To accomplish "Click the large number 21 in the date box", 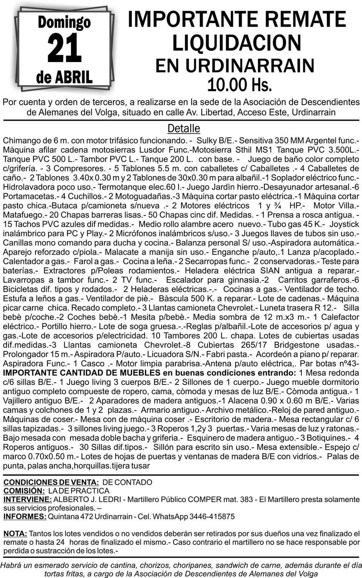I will (x=64, y=49).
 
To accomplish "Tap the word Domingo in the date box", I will (x=64, y=22).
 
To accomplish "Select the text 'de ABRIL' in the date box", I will (x=64, y=77).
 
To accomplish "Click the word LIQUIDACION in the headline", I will (x=236, y=42).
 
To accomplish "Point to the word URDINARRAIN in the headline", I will (x=250, y=65).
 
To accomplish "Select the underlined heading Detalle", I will (x=184, y=128).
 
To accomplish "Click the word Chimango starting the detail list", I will (x=21, y=140).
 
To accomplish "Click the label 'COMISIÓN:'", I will (x=24, y=491).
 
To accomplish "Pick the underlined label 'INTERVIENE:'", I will (x=27, y=500).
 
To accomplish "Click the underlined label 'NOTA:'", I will (x=15, y=534).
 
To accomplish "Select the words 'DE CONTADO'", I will (x=128, y=482).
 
